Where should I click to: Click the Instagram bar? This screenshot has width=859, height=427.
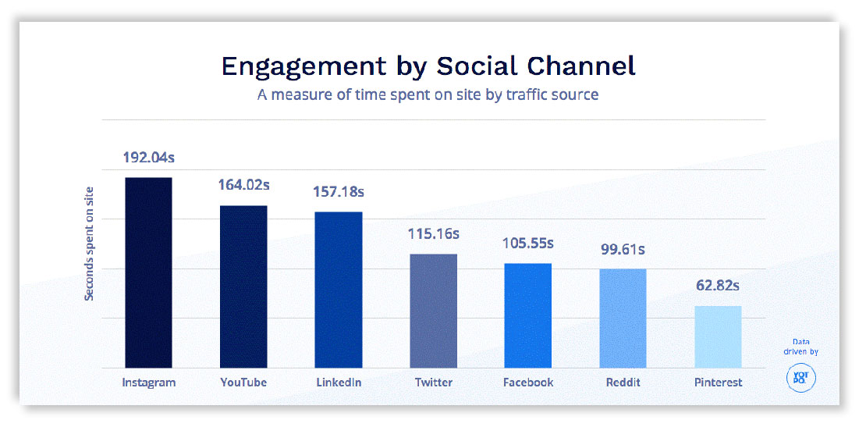147,272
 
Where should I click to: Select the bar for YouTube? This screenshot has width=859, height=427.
243,286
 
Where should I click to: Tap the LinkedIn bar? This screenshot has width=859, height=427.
338,290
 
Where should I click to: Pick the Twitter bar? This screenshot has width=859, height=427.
433,311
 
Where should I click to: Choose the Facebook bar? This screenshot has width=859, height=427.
527,315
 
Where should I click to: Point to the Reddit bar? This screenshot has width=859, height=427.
623,318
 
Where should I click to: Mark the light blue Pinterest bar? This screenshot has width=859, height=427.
718,336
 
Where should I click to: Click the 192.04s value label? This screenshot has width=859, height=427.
148,158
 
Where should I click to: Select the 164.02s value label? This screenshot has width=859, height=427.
243,185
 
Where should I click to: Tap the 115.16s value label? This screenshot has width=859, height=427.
433,233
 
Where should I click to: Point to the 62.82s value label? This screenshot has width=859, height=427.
718,285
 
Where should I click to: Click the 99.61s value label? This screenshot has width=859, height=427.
623,249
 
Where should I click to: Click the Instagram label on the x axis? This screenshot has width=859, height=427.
148,383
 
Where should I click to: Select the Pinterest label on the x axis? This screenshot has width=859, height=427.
718,383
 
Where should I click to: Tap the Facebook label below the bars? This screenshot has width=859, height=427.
528,383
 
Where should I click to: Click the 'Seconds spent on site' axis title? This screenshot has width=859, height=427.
90,244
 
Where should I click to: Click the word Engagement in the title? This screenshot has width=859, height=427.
300,66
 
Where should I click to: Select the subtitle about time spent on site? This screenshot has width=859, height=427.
428,94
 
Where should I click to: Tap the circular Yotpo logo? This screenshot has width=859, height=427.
800,376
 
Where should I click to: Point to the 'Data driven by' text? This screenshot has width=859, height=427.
800,347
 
